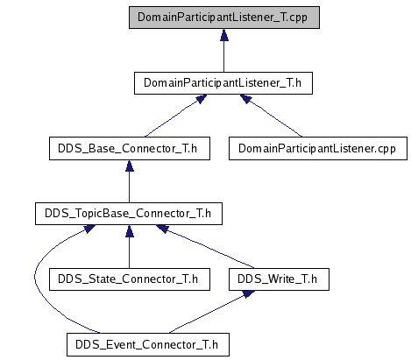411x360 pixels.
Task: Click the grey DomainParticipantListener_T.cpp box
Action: [224, 18]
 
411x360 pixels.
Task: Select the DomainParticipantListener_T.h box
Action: [223, 83]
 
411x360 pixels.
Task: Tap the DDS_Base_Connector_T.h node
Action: [130, 148]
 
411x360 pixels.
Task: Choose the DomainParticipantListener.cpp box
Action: [318, 148]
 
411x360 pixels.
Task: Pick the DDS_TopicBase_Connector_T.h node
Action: [129, 214]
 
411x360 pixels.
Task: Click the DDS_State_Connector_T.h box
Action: [130, 279]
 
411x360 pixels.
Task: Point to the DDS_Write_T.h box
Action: [279, 279]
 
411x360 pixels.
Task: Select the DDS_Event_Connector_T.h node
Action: [148, 344]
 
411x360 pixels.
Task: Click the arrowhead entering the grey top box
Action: [224, 35]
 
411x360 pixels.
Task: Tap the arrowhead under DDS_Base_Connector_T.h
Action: [130, 166]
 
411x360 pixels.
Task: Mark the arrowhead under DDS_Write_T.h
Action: [248, 294]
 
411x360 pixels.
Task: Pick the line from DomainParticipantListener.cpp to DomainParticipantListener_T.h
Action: [274, 117]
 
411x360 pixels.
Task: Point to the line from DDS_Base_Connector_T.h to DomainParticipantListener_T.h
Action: [173, 117]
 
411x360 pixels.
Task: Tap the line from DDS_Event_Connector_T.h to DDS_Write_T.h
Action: [208, 314]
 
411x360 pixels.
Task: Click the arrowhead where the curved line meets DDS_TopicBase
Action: [89, 229]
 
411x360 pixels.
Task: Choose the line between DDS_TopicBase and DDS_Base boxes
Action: [130, 187]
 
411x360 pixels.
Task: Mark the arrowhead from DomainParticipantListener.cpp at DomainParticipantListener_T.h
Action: [246, 98]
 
